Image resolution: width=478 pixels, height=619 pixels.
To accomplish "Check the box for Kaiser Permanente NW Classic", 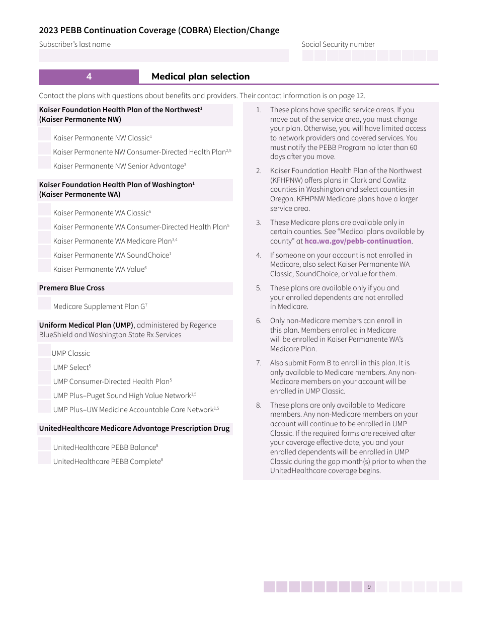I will (45, 134).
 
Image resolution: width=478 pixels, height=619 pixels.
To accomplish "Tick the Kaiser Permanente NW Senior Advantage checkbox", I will (45, 163).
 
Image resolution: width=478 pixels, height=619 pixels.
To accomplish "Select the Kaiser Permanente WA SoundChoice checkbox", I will (45, 252).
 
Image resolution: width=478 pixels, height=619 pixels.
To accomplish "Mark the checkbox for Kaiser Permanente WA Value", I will (45, 266).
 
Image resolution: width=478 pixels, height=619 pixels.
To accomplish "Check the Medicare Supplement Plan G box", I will (45, 303).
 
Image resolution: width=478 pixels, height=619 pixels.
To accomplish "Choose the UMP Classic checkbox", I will (45, 350).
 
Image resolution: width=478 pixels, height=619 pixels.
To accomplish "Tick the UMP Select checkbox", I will (45, 364).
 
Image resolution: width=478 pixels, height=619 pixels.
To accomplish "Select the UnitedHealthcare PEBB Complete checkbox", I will (45, 458).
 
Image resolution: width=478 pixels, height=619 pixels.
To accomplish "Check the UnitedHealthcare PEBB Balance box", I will (45, 444).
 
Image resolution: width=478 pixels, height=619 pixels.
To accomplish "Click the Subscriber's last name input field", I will (164, 56).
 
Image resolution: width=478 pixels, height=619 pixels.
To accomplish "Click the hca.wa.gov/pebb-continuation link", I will (358, 241).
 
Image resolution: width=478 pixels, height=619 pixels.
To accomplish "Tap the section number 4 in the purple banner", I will (89, 76).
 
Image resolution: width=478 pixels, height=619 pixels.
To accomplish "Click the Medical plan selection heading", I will (200, 76).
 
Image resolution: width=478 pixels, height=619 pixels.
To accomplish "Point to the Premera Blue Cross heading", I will (72, 288).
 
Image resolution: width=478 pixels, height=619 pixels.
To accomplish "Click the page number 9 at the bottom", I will (369, 587).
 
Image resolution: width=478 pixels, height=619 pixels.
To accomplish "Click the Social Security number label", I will (338, 44).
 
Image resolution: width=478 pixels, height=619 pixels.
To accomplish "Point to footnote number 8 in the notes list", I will (258, 405).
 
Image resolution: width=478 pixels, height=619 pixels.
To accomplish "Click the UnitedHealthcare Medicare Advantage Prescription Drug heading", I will (134, 428).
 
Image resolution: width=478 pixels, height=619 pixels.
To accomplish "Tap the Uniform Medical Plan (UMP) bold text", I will (86, 325).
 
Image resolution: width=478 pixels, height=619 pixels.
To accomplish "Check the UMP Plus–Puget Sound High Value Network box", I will (45, 393).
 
